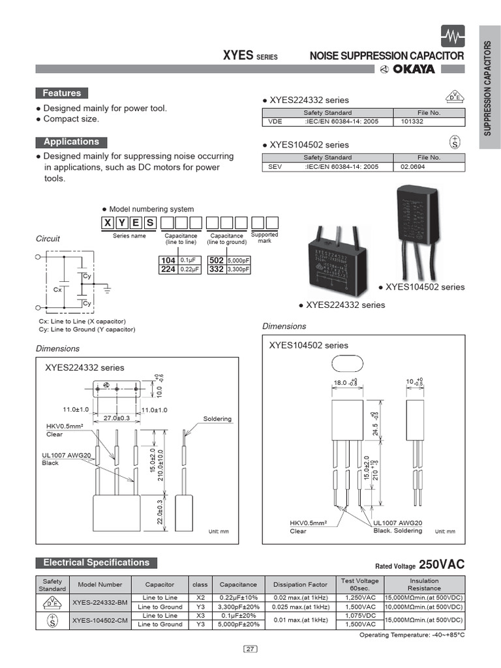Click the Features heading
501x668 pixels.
coord(62,93)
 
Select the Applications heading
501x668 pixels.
coord(71,142)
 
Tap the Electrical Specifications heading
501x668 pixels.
coord(96,562)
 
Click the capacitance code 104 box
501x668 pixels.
coord(168,260)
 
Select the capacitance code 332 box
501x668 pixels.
coord(217,269)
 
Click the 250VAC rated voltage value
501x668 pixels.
coord(442,565)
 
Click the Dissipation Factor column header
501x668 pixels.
coord(300,584)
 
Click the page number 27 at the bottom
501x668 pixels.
coord(250,648)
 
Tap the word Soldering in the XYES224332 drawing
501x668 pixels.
coord(217,419)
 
